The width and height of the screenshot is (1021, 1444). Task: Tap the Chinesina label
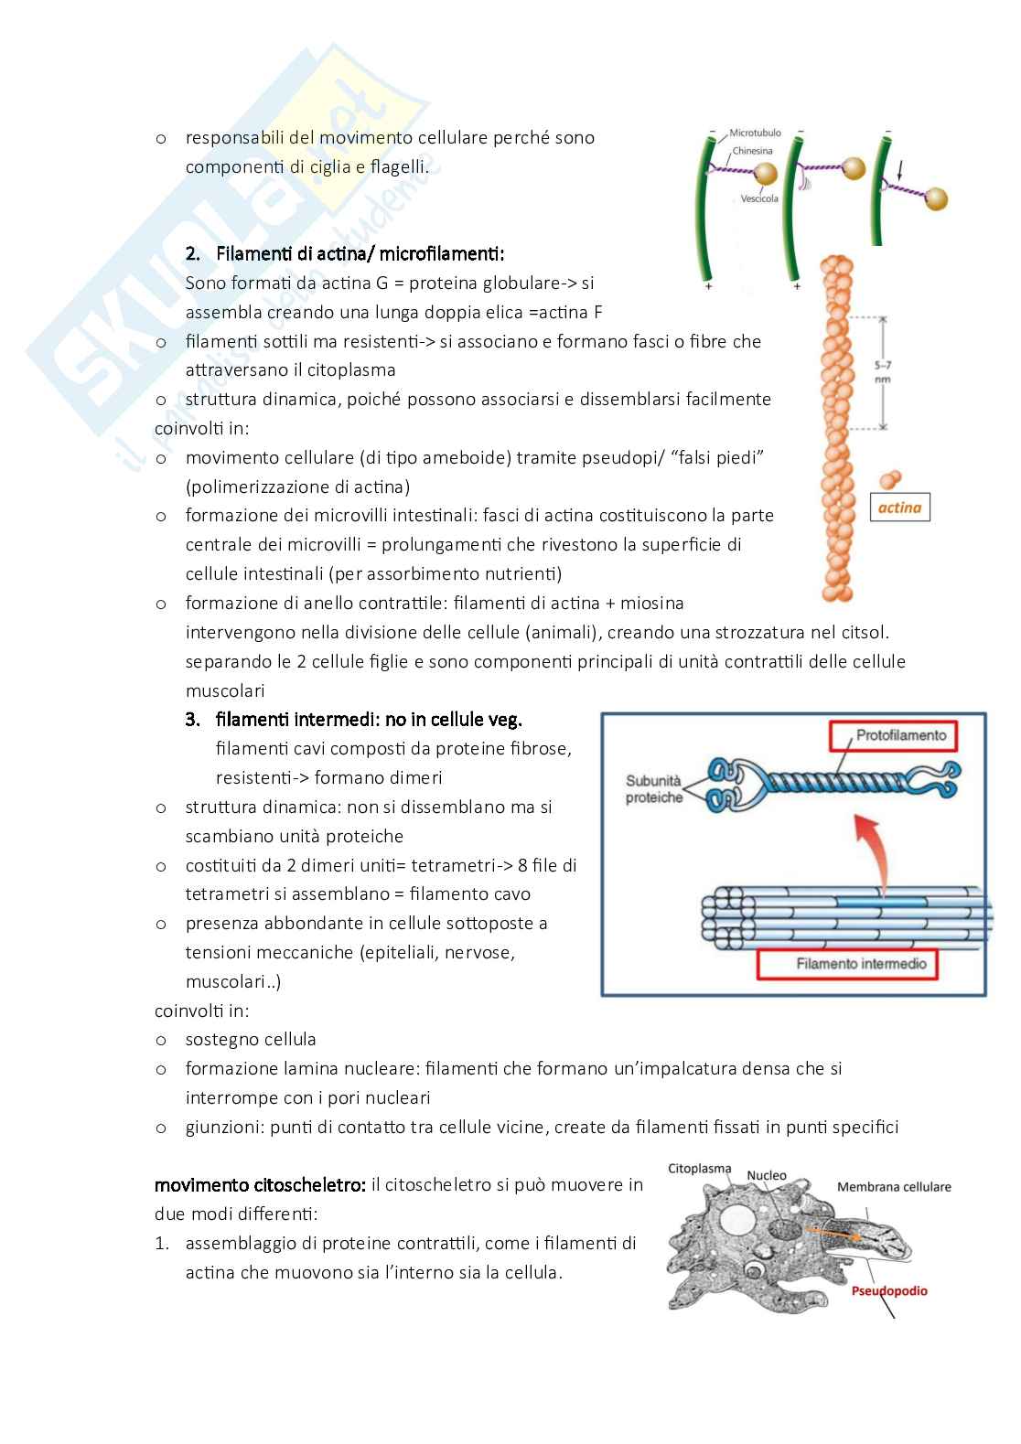coord(752,151)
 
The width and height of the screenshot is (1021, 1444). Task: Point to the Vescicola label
coord(759,198)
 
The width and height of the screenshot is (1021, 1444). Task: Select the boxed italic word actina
coord(899,508)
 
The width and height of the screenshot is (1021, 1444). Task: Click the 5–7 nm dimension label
coord(882,371)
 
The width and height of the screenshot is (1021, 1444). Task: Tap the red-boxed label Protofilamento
coord(900,735)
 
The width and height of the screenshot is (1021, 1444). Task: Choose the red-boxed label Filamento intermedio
coord(861,964)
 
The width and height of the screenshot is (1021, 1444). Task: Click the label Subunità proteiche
coord(653,789)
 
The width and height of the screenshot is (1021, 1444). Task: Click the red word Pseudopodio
coord(889,1290)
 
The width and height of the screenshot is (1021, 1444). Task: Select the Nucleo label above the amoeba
coord(767,1175)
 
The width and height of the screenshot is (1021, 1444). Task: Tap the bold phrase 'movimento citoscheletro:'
coord(260,1185)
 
